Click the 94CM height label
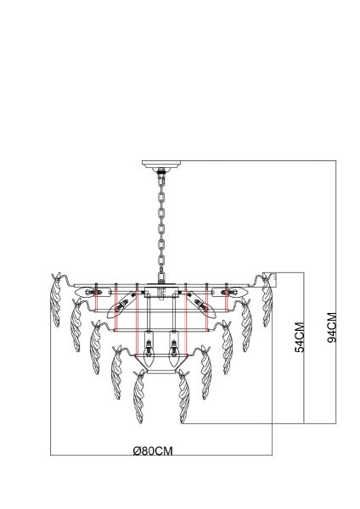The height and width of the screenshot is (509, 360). pyautogui.click(x=332, y=327)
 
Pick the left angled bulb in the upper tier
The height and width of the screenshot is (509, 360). pyautogui.click(x=121, y=304)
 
